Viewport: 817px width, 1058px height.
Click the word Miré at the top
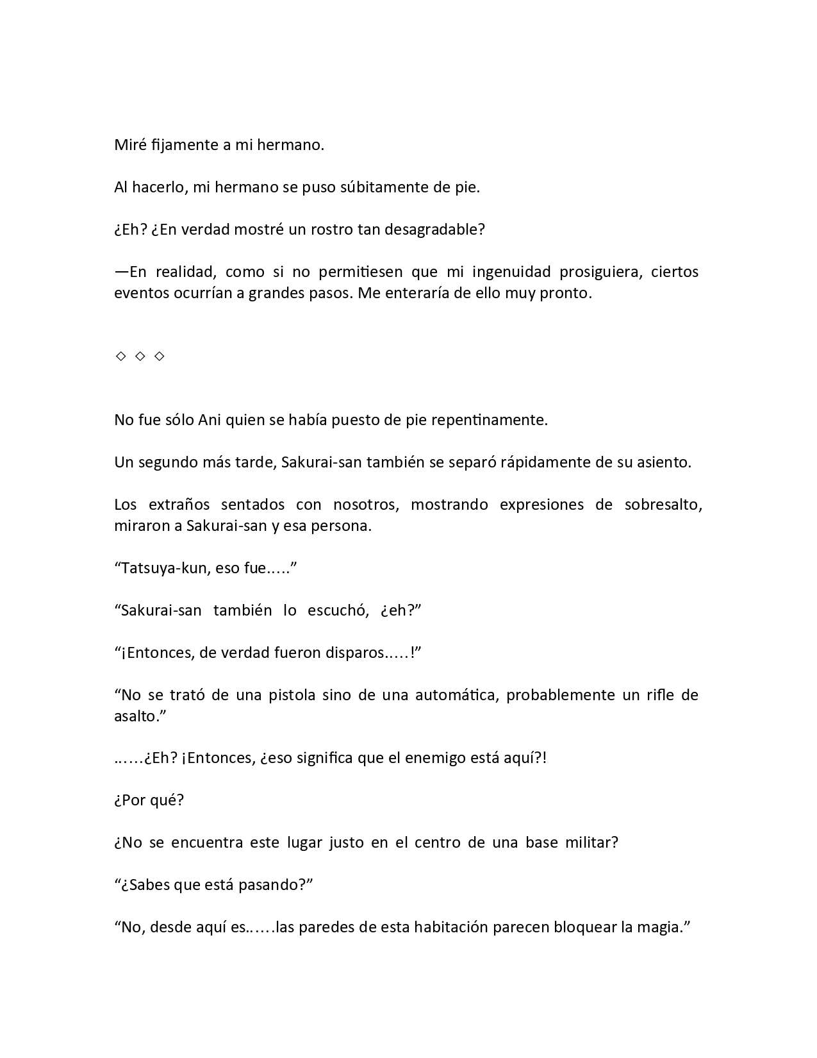coord(130,145)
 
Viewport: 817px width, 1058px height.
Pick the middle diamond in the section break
coord(140,356)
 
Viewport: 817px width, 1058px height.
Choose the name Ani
coord(210,420)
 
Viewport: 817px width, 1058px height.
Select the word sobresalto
coord(663,505)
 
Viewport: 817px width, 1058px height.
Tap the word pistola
coord(292,695)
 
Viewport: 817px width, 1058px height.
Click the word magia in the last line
coord(659,927)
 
